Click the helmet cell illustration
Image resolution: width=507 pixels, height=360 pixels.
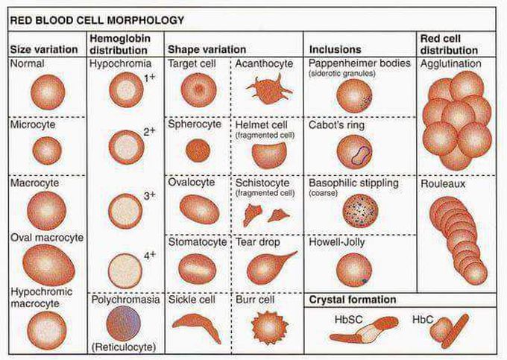point(268,155)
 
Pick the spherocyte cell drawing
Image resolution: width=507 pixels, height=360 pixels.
point(198,151)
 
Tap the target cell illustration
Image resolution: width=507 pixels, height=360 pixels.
point(198,90)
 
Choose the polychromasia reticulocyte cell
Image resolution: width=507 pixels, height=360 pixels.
point(124,323)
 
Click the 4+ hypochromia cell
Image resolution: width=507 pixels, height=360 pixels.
point(125,271)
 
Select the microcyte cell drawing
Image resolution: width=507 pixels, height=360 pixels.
point(47,151)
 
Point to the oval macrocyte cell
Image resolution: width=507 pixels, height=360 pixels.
point(48,265)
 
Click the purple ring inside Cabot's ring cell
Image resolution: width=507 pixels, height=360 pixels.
point(362,155)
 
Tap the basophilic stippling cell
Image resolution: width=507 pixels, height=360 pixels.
point(360,211)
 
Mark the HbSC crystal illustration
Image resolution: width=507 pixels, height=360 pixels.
point(364,331)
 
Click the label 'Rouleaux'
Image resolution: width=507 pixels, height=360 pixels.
point(443,184)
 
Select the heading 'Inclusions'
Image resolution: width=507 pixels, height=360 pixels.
point(335,49)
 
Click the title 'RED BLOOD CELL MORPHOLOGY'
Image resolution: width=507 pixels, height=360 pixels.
point(97,20)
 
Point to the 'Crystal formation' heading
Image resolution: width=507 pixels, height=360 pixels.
point(353,300)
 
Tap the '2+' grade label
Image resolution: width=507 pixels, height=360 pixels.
point(149,131)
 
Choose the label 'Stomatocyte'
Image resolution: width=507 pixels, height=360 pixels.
point(198,242)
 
